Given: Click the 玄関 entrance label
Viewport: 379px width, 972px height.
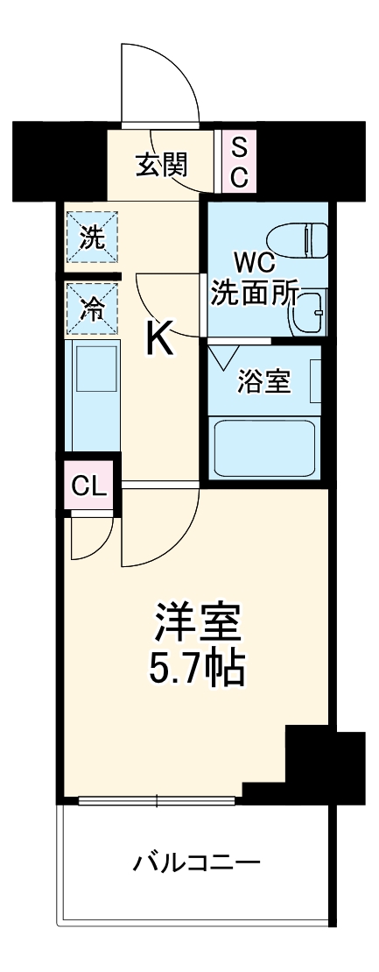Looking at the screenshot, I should [163, 164].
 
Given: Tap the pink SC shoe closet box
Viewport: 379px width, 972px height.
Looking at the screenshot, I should [239, 162].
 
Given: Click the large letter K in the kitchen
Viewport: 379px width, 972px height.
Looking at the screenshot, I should [159, 337].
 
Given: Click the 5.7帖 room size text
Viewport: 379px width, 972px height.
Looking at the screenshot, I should [197, 670].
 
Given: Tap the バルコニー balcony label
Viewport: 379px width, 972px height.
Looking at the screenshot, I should [196, 863].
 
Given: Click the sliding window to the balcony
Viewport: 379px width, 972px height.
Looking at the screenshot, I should [158, 799].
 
